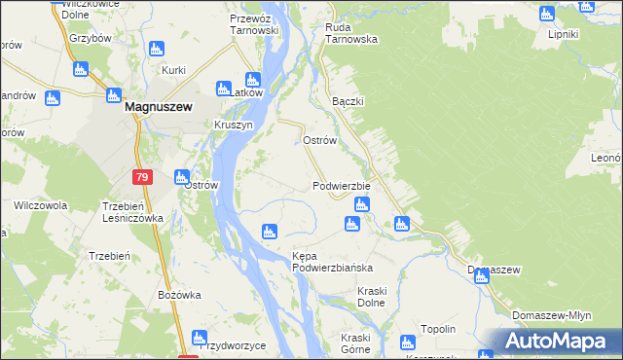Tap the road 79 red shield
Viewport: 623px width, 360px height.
point(142,177)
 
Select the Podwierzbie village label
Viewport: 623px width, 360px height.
point(342,186)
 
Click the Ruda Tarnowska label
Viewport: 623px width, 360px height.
point(351,34)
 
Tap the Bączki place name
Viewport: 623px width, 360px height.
point(347,101)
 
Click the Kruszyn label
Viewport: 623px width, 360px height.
point(234,126)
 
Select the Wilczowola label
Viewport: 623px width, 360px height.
point(40,205)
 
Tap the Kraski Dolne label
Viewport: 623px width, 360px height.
point(357,298)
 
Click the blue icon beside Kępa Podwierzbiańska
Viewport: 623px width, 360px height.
point(270,232)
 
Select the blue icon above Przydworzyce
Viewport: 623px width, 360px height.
point(200,339)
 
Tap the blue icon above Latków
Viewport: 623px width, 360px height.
point(253,80)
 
